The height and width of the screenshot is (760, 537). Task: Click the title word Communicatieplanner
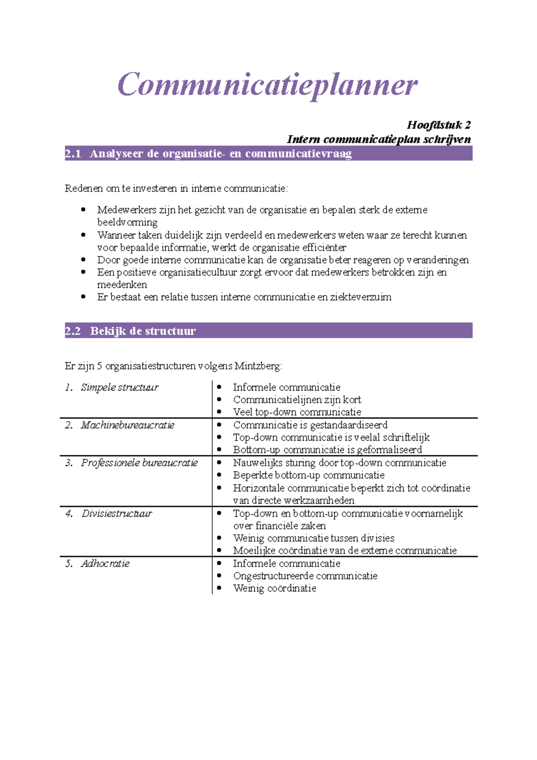click(268, 85)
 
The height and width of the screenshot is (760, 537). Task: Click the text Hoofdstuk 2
click(439, 125)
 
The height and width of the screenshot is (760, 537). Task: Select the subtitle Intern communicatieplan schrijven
click(379, 139)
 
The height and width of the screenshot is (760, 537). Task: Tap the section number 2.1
click(73, 154)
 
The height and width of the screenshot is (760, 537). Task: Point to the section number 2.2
click(73, 331)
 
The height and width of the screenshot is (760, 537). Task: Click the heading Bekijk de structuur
click(143, 331)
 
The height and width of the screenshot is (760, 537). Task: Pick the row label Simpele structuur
click(119, 388)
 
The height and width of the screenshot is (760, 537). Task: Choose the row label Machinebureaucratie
click(128, 425)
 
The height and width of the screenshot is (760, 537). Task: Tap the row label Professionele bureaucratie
click(139, 463)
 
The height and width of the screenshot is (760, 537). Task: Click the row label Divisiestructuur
click(117, 513)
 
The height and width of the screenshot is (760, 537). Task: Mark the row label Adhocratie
click(105, 564)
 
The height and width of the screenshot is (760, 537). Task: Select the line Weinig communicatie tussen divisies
click(314, 538)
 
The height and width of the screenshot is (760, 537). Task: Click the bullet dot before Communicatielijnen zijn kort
click(219, 400)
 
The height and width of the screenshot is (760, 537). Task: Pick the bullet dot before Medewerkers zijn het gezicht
click(83, 209)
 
